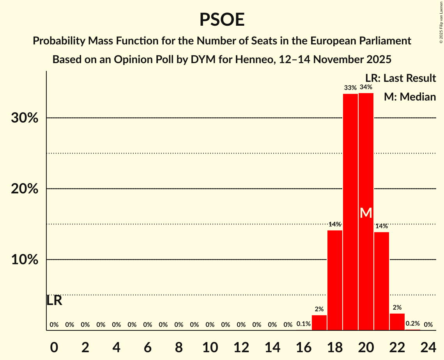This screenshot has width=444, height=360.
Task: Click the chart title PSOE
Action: (222, 19)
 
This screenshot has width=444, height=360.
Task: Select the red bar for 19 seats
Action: (350, 212)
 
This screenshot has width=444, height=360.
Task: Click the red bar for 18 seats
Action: (335, 280)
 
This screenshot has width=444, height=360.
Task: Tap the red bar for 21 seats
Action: (382, 281)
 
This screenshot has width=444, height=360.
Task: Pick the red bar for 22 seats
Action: (397, 322)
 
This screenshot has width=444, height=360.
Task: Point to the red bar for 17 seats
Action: (319, 323)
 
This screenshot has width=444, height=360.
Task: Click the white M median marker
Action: (366, 213)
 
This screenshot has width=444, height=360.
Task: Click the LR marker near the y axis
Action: (54, 301)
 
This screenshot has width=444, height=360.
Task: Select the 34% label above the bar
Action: (366, 87)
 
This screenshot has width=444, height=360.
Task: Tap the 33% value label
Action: (350, 88)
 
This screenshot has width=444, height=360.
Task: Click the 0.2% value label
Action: (413, 324)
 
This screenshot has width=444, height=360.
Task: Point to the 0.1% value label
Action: (304, 324)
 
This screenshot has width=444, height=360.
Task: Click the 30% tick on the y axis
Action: (25, 118)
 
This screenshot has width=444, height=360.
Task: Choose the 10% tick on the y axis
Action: (25, 260)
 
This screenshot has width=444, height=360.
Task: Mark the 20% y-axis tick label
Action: (25, 189)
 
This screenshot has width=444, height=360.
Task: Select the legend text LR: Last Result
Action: (400, 78)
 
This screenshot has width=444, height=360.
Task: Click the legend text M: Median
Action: (410, 97)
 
